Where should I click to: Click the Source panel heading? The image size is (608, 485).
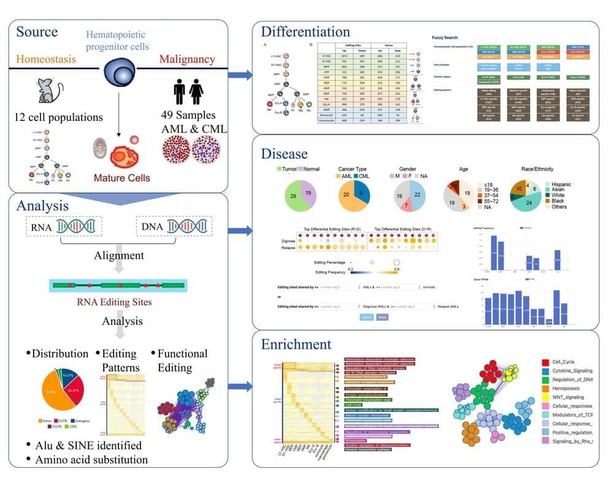point(37,31)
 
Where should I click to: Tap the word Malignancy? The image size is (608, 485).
point(187,60)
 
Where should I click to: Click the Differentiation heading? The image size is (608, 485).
point(306,31)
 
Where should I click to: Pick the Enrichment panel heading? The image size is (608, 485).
point(297,344)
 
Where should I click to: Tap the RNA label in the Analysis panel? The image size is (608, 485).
point(40,227)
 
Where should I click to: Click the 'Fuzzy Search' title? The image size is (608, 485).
point(447,38)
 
